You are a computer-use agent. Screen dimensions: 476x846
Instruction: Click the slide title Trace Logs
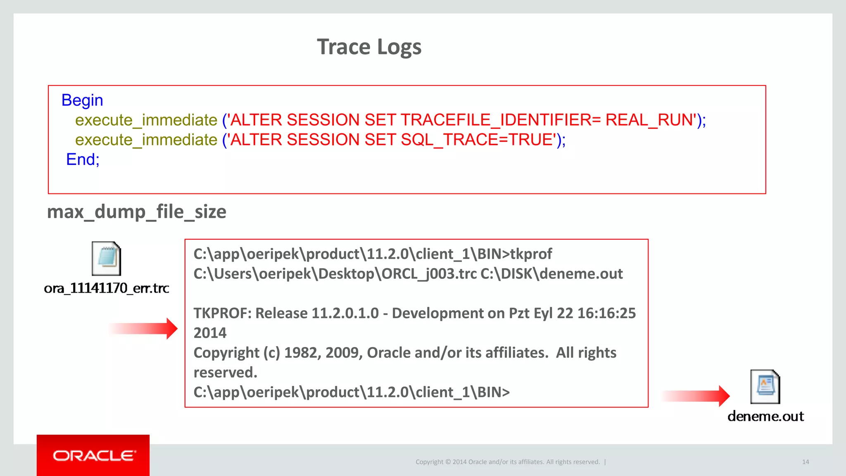pos(369,47)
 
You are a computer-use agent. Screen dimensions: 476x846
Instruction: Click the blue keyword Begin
pos(82,100)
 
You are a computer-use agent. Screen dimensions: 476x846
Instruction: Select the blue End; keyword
pos(83,159)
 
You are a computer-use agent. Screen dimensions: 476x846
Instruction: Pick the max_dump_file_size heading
pos(136,212)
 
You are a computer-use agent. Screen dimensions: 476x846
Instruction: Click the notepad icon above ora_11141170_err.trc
pos(106,259)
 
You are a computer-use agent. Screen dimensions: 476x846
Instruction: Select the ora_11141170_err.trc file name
pos(106,288)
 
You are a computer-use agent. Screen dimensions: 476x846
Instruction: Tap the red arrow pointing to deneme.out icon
pos(696,396)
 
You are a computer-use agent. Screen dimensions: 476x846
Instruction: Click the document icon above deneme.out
pos(765,387)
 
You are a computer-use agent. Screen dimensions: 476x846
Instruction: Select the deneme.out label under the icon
pos(765,416)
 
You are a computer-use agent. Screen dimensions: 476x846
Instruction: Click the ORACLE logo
pos(93,456)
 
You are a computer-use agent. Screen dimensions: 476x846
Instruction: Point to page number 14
pos(805,462)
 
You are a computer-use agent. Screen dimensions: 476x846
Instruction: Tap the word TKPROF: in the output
pos(222,313)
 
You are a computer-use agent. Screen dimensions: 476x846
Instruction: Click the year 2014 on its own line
pos(210,333)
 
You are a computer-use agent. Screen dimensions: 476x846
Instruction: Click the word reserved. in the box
pos(225,373)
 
